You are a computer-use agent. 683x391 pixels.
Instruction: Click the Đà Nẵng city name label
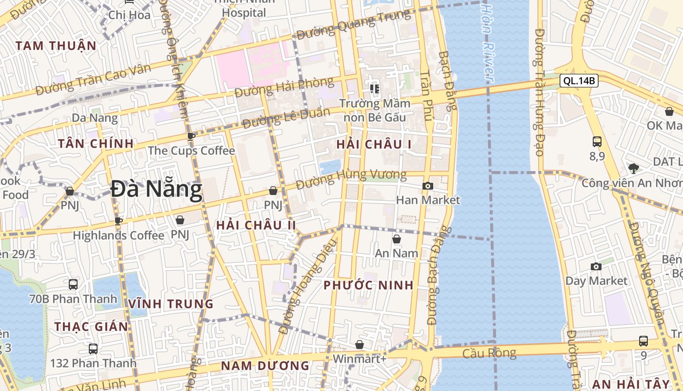(x=156, y=190)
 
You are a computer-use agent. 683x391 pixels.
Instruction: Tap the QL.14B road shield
(x=579, y=81)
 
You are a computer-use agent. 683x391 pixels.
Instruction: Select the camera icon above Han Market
(x=427, y=186)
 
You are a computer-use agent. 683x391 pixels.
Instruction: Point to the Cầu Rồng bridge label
(x=489, y=353)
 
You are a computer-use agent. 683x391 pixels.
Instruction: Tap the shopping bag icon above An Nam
(x=397, y=239)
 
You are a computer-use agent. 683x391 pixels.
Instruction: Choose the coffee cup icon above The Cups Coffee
(x=191, y=136)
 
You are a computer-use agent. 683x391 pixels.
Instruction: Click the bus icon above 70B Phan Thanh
(x=73, y=284)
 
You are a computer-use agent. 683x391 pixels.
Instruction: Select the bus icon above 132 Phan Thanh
(x=93, y=349)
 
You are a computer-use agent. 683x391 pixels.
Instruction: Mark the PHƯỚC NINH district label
(x=368, y=285)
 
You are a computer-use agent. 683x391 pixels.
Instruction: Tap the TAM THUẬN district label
(x=56, y=46)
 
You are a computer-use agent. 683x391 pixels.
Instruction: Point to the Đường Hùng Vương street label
(x=351, y=179)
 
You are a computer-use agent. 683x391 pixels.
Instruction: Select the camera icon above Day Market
(x=596, y=266)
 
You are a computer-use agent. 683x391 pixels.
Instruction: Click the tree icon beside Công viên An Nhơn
(x=633, y=169)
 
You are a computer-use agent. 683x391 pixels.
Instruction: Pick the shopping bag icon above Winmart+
(x=360, y=345)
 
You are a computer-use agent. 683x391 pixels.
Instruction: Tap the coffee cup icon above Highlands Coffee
(x=119, y=221)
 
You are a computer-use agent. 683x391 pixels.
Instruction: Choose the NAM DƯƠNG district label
(x=265, y=366)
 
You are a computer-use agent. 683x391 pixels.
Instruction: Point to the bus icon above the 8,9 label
(x=597, y=142)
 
